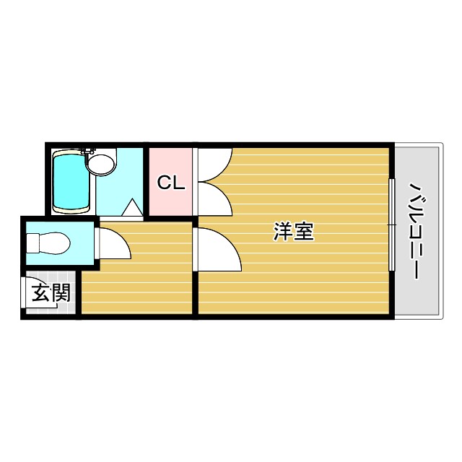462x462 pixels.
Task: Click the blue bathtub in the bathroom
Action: click(x=71, y=181)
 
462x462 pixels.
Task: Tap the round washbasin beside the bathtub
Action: click(x=100, y=163)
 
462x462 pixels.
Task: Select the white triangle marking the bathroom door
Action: click(x=132, y=208)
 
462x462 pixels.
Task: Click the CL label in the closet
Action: click(x=171, y=183)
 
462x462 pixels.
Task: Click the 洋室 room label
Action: click(x=294, y=232)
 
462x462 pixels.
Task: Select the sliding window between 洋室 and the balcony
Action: click(x=391, y=224)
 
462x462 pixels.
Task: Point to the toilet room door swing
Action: click(x=113, y=243)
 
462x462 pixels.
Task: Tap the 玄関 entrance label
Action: click(x=51, y=293)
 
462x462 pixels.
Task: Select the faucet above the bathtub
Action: click(x=88, y=150)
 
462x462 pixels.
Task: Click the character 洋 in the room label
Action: click(x=284, y=232)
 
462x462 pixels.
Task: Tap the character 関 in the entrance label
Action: click(x=61, y=293)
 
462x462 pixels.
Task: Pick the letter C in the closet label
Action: click(x=165, y=183)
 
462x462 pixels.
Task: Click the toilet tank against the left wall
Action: click(x=32, y=243)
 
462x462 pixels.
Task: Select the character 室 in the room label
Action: click(x=304, y=232)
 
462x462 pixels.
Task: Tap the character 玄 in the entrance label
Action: click(x=40, y=293)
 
